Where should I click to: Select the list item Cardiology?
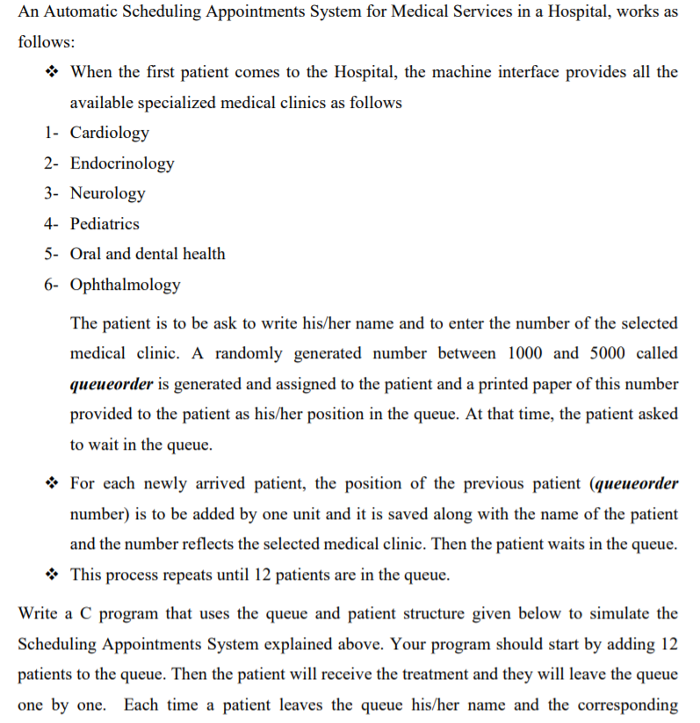pyautogui.click(x=109, y=133)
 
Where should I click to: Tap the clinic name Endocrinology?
pyautogui.click(x=122, y=163)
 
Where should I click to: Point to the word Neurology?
pyautogui.click(x=107, y=193)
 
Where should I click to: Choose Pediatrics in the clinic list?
pyautogui.click(x=105, y=224)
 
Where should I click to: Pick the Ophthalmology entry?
pyautogui.click(x=125, y=285)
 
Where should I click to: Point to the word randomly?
pyautogui.click(x=248, y=353)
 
